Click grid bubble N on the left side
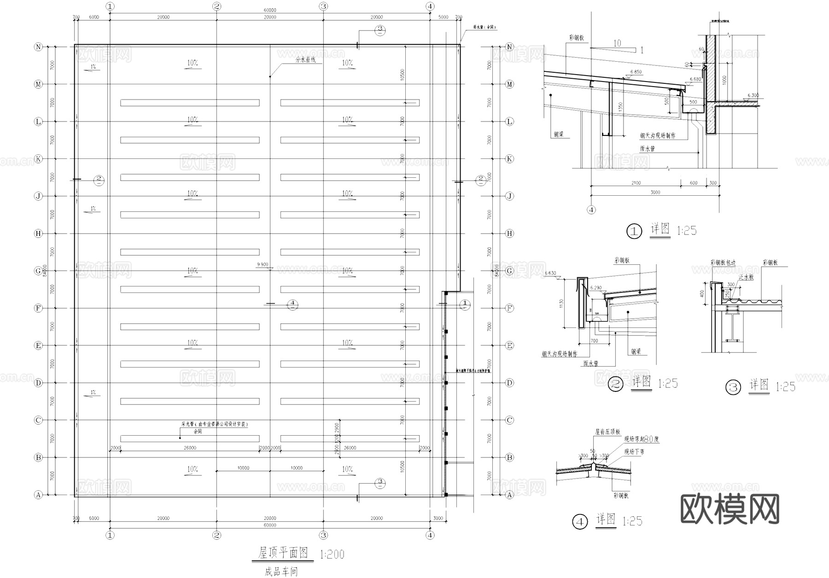pos(39,47)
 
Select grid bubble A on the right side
pos(509,495)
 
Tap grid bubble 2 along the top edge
pos(217,6)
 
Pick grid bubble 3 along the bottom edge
pos(324,535)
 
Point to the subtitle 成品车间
pos(281,572)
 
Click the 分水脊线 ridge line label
pos(306,60)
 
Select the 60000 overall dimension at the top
pos(270,10)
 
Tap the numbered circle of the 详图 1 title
pos(634,231)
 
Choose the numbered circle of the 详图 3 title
pos(733,387)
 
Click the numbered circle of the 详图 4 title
pos(580,522)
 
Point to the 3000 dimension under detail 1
pos(655,193)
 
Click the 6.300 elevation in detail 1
pos(753,95)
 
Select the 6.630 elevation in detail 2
pos(550,273)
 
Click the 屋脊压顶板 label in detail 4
pos(607,432)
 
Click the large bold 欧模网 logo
pos(730,509)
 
